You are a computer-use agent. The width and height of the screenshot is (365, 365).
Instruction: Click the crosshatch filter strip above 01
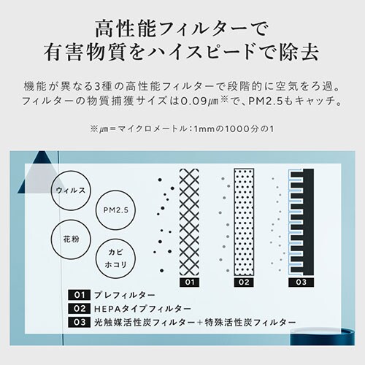pos(189,223)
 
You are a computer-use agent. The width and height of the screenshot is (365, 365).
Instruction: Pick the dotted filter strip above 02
pos(244,222)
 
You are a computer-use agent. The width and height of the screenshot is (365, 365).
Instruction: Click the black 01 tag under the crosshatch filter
pos(189,283)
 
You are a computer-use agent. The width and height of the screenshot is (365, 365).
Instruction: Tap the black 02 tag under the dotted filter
pos(244,283)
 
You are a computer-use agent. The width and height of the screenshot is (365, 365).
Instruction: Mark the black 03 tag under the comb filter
pos(301,283)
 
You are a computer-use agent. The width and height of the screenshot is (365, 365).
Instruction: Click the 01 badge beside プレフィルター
pos(80,295)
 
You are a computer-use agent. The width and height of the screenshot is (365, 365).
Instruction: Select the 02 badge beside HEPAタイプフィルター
pos(80,309)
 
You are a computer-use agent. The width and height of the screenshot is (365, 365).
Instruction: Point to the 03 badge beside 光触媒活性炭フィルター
pos(80,323)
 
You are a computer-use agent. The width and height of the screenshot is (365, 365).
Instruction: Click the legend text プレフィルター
pos(125,295)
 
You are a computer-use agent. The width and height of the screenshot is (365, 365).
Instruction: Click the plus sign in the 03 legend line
pos(199,323)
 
